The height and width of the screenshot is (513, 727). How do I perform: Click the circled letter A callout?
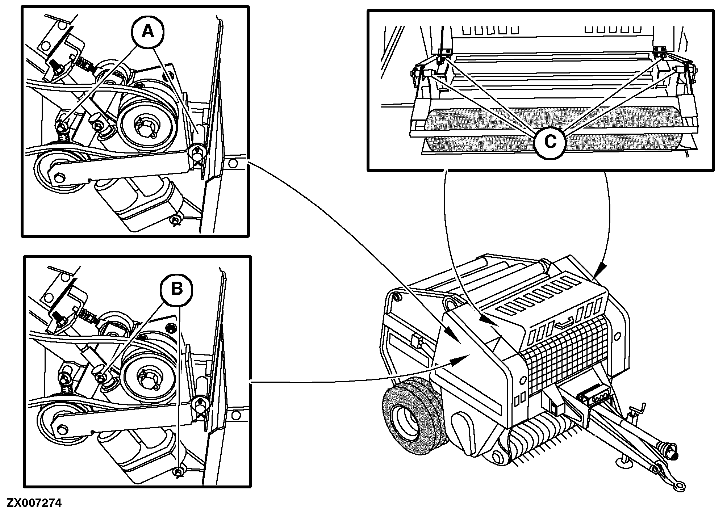pyautogui.click(x=147, y=32)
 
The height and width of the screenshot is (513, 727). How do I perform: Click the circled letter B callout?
pyautogui.click(x=176, y=289)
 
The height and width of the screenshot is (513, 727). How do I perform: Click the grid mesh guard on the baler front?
pyautogui.click(x=565, y=358)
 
